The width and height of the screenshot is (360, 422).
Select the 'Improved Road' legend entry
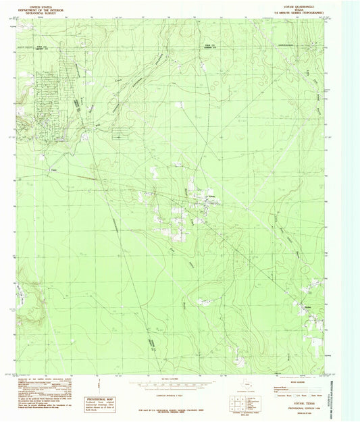pyautogui.click(x=282, y=386)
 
